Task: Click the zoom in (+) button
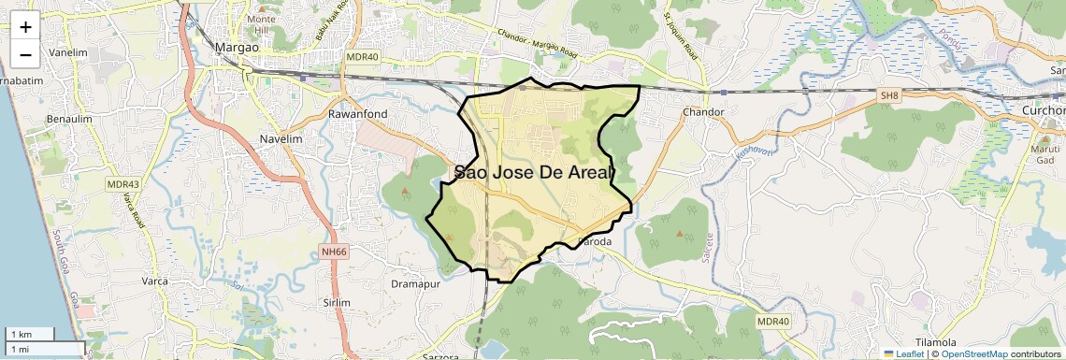tap(25, 26)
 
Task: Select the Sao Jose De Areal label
tap(534, 172)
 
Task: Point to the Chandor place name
tap(704, 112)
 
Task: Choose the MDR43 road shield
tap(122, 184)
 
